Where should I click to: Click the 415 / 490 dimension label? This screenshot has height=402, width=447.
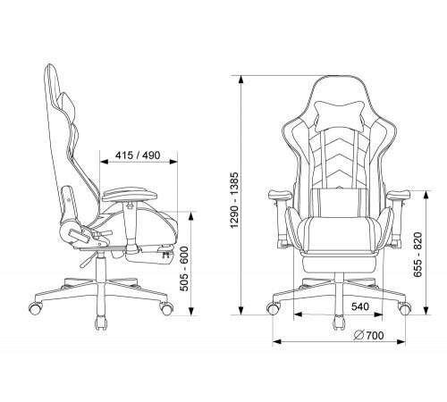pyautogui.click(x=138, y=155)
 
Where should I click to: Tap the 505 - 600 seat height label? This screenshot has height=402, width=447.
pyautogui.click(x=185, y=268)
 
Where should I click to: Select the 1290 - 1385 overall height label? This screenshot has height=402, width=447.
pyautogui.click(x=234, y=200)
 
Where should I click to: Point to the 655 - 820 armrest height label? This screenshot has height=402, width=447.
pyautogui.click(x=418, y=255)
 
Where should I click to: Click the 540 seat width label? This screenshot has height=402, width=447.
pyautogui.click(x=360, y=306)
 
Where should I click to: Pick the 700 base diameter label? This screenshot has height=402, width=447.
pyautogui.click(x=375, y=336)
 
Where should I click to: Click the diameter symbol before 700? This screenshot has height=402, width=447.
pyautogui.click(x=358, y=336)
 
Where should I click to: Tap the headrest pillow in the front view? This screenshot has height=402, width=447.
pyautogui.click(x=340, y=115)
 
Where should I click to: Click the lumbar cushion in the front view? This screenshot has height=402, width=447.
pyautogui.click(x=339, y=203)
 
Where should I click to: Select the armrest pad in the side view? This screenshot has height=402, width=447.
pyautogui.click(x=130, y=194)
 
